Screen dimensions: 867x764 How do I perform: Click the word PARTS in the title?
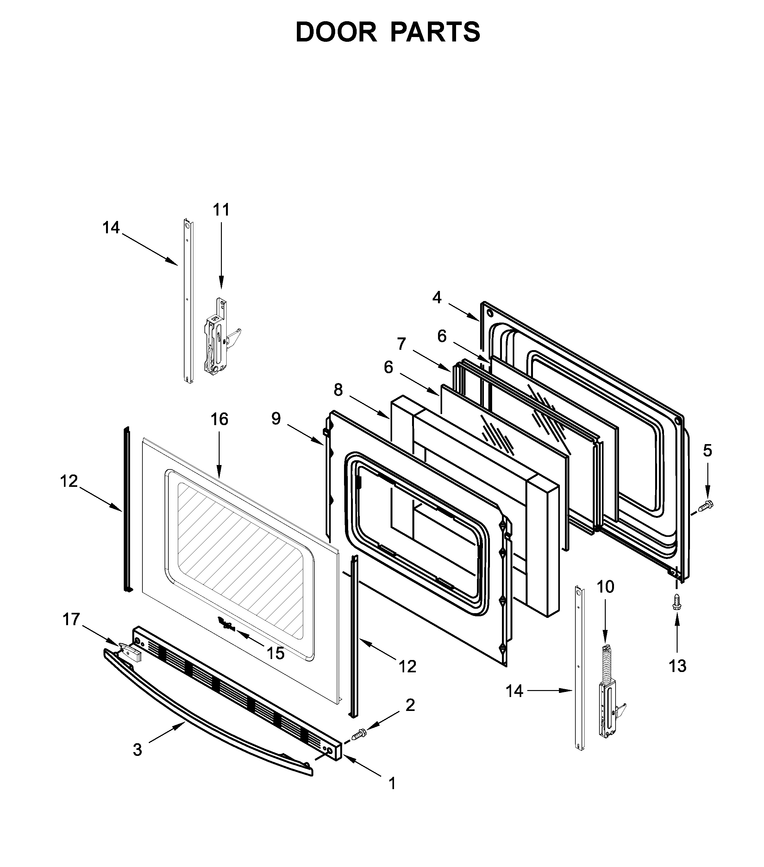435,32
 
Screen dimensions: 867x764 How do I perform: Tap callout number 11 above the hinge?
221,210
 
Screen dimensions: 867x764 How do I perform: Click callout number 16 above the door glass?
219,419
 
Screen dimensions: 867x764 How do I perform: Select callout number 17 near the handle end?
71,620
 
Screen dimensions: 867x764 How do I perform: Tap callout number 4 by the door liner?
437,298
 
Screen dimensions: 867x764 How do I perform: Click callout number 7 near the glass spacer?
401,344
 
